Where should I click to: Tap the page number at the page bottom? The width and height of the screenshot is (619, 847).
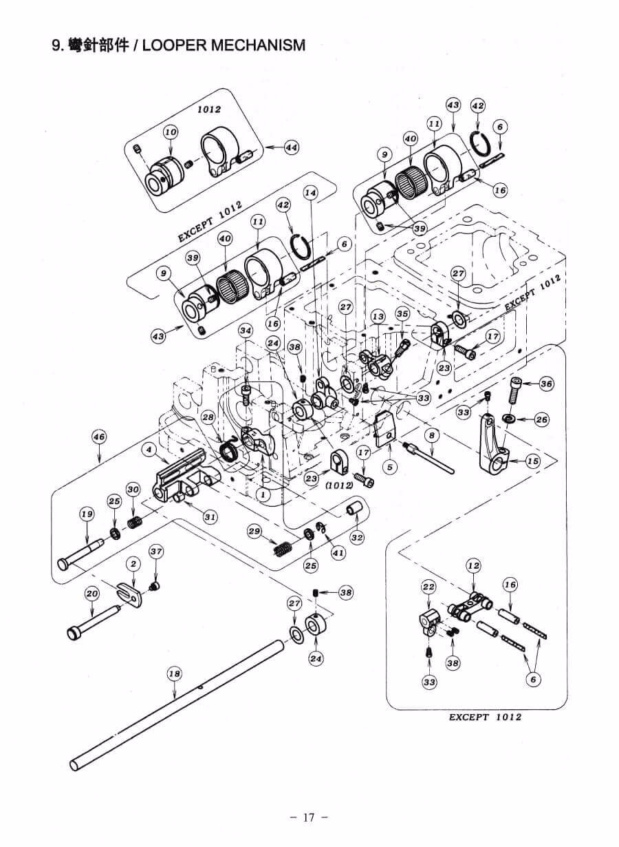(308, 817)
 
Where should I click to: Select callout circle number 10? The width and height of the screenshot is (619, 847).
(171, 132)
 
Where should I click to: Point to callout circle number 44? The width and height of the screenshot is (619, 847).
(292, 147)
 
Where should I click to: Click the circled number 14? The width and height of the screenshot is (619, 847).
(312, 194)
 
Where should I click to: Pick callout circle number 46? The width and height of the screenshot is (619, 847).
(99, 436)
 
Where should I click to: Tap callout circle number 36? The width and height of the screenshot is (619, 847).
(546, 384)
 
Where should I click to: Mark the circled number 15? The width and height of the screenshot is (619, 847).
(533, 461)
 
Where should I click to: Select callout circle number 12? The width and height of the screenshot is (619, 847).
(473, 565)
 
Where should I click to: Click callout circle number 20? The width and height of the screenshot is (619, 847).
(91, 593)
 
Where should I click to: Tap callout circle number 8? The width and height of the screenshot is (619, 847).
(432, 435)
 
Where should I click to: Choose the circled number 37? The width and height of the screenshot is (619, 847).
(156, 551)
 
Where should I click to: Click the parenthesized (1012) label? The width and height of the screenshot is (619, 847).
(340, 485)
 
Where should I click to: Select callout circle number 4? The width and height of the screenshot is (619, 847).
(147, 449)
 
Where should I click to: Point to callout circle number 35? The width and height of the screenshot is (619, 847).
(403, 314)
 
